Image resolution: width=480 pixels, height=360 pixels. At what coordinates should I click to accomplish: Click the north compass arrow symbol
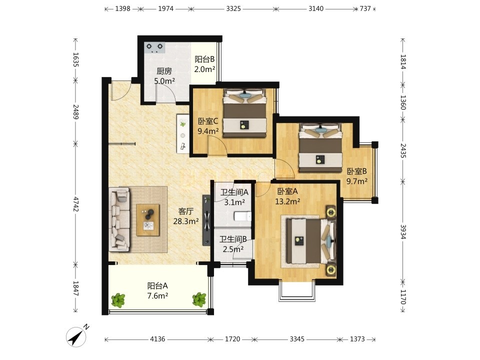pyautogui.click(x=76, y=336)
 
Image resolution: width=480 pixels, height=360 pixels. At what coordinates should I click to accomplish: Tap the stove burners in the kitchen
pyautogui.click(x=154, y=48)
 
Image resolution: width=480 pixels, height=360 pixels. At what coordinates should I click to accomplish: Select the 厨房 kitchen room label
pyautogui.click(x=164, y=71)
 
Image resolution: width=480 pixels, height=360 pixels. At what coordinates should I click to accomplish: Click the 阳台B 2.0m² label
pyautogui.click(x=205, y=64)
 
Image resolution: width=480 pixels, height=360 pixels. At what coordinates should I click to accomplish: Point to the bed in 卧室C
pyautogui.click(x=244, y=113)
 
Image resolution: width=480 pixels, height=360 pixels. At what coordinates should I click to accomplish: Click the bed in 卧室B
pyautogui.click(x=320, y=148)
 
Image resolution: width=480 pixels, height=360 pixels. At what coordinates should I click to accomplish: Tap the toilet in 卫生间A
pyautogui.click(x=242, y=216)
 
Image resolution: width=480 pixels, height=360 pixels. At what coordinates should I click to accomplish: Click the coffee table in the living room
pyautogui.click(x=148, y=220)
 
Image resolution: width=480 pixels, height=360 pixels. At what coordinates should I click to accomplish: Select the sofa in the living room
pyautogui.click(x=119, y=219)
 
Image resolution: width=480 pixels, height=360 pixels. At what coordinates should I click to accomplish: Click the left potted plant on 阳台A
pyautogui.click(x=118, y=300)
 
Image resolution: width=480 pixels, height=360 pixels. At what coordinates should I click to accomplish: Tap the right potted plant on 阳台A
pyautogui.click(x=199, y=299)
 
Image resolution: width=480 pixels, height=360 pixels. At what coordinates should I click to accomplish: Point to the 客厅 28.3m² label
pyautogui.click(x=186, y=216)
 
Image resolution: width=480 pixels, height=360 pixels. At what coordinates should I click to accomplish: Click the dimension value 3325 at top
pyautogui.click(x=233, y=8)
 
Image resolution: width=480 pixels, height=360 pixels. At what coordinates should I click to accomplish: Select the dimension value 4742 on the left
pyautogui.click(x=75, y=204)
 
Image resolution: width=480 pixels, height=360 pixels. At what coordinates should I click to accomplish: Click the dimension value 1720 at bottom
pyautogui.click(x=232, y=339)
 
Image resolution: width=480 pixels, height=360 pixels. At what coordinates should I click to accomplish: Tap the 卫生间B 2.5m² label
pyautogui.click(x=233, y=244)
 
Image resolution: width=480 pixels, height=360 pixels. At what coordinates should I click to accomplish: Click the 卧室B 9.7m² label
pyautogui.click(x=356, y=176)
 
